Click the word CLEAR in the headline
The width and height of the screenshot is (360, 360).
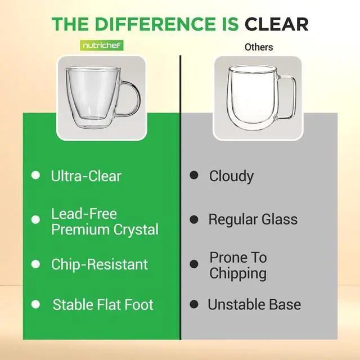point(277,24)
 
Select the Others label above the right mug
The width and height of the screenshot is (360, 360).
point(259,47)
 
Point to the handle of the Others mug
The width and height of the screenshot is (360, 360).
point(289,97)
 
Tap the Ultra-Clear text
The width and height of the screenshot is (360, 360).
point(86,176)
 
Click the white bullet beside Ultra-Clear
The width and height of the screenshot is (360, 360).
point(35,175)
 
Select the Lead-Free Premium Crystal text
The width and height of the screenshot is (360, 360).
point(104,222)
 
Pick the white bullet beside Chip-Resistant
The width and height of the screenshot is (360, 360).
point(35,264)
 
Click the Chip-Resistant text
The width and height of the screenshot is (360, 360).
point(100,264)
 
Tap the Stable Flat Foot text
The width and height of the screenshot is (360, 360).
point(103,305)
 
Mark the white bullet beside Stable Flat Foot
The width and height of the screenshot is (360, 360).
point(35,304)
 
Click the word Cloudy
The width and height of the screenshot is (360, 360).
point(231,176)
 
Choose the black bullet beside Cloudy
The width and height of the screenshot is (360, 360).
point(193,175)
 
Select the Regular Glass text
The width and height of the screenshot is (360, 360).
point(253,219)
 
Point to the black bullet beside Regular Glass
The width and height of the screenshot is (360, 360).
point(193,219)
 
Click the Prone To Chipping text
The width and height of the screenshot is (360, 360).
point(238,265)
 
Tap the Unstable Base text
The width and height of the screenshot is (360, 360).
point(254,305)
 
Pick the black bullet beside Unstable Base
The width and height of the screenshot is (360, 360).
point(193,304)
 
